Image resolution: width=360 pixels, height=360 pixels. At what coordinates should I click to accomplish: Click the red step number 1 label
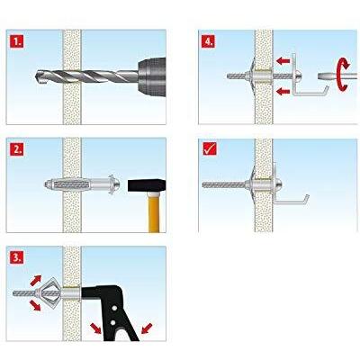click(18, 40)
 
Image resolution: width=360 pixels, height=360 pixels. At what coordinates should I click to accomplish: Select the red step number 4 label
click(210, 40)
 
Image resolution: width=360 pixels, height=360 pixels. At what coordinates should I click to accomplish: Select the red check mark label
click(210, 148)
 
